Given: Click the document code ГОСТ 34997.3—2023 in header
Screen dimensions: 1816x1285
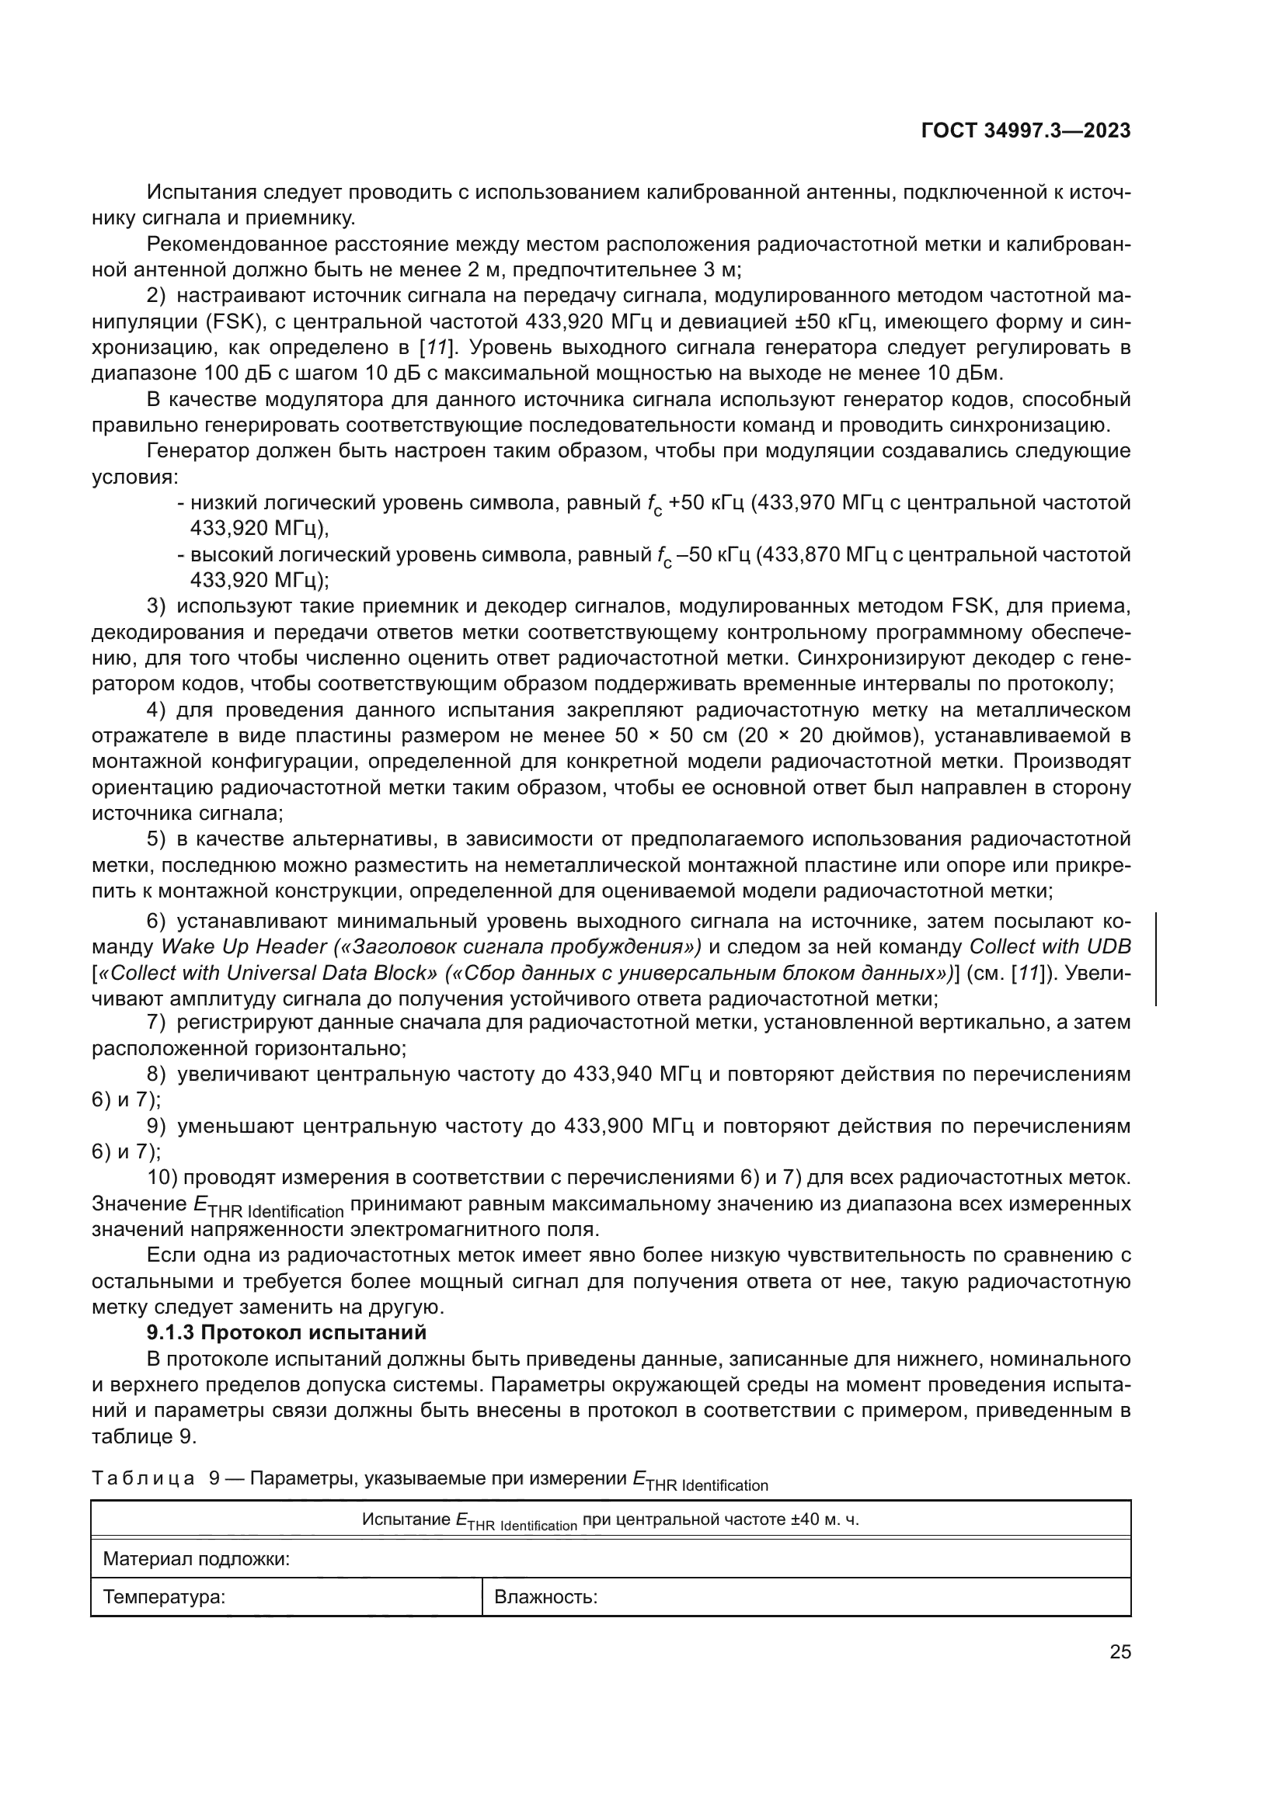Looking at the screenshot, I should (1026, 131).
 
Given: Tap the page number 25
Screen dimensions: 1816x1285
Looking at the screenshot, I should (1120, 1651).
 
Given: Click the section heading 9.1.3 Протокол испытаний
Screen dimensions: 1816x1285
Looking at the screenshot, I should (287, 1333).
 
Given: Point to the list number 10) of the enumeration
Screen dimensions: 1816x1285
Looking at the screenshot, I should (163, 1178).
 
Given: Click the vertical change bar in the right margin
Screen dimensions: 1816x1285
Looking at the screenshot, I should (1156, 959).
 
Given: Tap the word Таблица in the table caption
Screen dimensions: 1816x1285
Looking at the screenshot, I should (143, 1478).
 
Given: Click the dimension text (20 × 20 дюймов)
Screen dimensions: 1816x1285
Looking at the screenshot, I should (829, 736).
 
